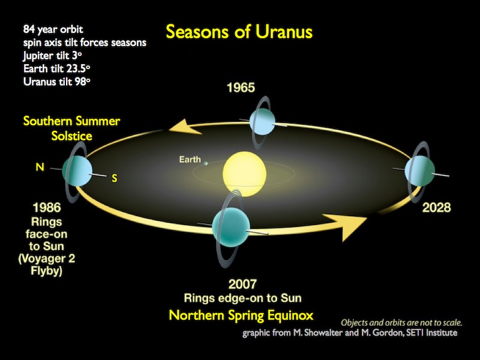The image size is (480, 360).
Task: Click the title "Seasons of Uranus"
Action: (239, 31)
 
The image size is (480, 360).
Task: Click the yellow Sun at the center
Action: (244, 170)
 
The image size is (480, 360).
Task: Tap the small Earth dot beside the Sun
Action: (206, 163)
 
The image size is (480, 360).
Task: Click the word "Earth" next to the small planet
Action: (190, 160)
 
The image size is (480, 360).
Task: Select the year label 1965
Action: (241, 88)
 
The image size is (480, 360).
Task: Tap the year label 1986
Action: (47, 208)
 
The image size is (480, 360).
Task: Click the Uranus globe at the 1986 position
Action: (77, 172)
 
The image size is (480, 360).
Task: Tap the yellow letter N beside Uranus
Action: (40, 167)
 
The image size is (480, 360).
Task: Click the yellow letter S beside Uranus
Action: (114, 178)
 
